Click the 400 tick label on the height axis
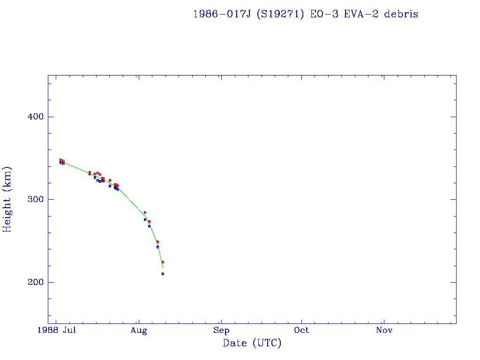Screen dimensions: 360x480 click(30, 117)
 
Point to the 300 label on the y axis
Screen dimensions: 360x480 click(30, 199)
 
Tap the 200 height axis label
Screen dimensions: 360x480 click(30, 282)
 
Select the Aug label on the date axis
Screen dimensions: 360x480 click(139, 330)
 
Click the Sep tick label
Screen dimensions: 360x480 click(221, 330)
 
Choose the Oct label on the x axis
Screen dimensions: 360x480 click(302, 330)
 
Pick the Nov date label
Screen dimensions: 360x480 click(384, 330)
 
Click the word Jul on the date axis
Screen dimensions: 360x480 click(69, 330)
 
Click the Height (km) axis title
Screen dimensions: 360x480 click(7, 199)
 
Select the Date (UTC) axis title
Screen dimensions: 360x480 click(252, 343)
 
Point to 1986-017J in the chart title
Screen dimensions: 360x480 click(219, 14)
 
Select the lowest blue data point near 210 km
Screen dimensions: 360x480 click(163, 274)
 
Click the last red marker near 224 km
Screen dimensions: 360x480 click(163, 262)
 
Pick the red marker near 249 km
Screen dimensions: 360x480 click(157, 242)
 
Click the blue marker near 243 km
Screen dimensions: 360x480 click(157, 247)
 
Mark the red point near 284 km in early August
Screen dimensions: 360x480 click(145, 212)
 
